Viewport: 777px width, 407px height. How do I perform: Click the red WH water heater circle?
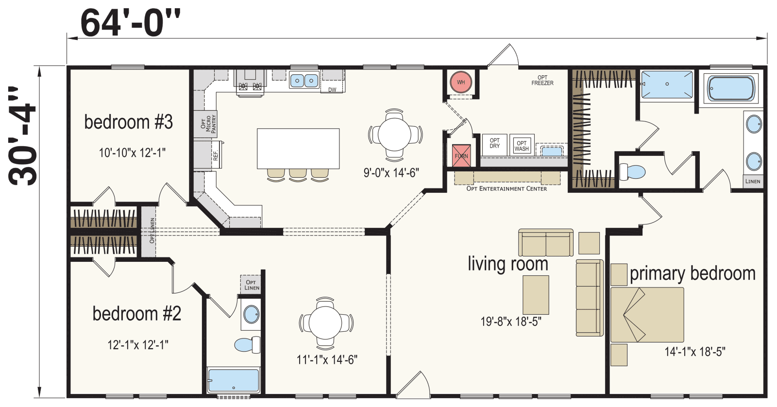(460, 82)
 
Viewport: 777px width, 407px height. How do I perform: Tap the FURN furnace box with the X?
(461, 156)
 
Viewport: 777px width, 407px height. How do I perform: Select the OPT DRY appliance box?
(494, 144)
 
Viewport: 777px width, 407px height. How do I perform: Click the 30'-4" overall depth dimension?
(22, 136)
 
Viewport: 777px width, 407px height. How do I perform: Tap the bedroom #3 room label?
(128, 122)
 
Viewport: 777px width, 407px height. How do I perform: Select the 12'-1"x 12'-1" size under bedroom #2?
(138, 345)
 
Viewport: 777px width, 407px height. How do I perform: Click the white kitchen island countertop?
(298, 148)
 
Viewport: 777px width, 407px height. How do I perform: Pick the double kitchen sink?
(304, 80)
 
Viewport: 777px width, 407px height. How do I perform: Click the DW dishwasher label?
(332, 89)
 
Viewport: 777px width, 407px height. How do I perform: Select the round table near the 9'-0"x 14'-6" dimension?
(395, 135)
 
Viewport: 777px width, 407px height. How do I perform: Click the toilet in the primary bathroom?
(632, 172)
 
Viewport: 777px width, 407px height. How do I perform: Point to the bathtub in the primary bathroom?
(731, 88)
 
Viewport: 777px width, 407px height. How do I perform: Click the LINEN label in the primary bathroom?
(753, 181)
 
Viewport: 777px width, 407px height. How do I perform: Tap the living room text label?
(508, 264)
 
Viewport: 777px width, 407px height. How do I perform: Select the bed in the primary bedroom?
(647, 315)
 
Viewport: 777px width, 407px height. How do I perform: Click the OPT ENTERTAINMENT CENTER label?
(507, 188)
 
